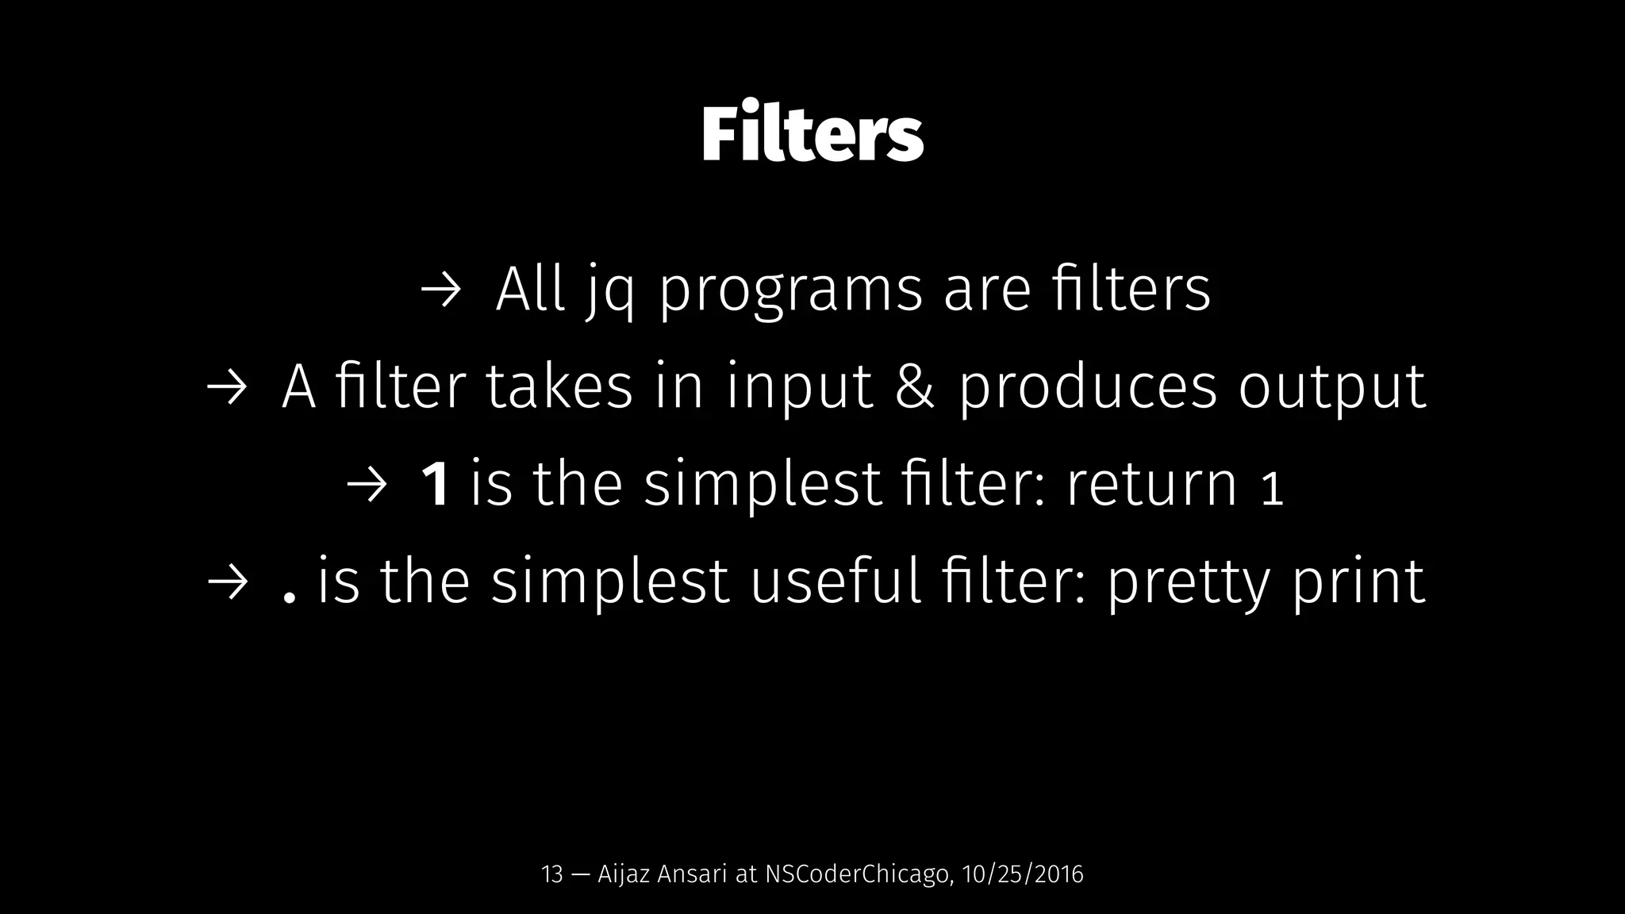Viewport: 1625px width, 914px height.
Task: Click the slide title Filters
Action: pos(812,135)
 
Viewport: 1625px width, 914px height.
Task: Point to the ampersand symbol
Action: pos(915,387)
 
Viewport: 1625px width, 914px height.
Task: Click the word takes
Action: pos(559,387)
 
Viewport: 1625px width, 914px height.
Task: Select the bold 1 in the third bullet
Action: pos(435,485)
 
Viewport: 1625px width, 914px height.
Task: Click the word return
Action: pos(1151,485)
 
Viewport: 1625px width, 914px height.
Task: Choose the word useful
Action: pos(836,582)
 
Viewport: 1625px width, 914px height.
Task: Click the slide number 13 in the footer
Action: pos(551,874)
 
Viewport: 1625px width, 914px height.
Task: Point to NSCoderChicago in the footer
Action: pos(856,874)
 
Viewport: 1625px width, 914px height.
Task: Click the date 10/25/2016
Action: pos(1022,874)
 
